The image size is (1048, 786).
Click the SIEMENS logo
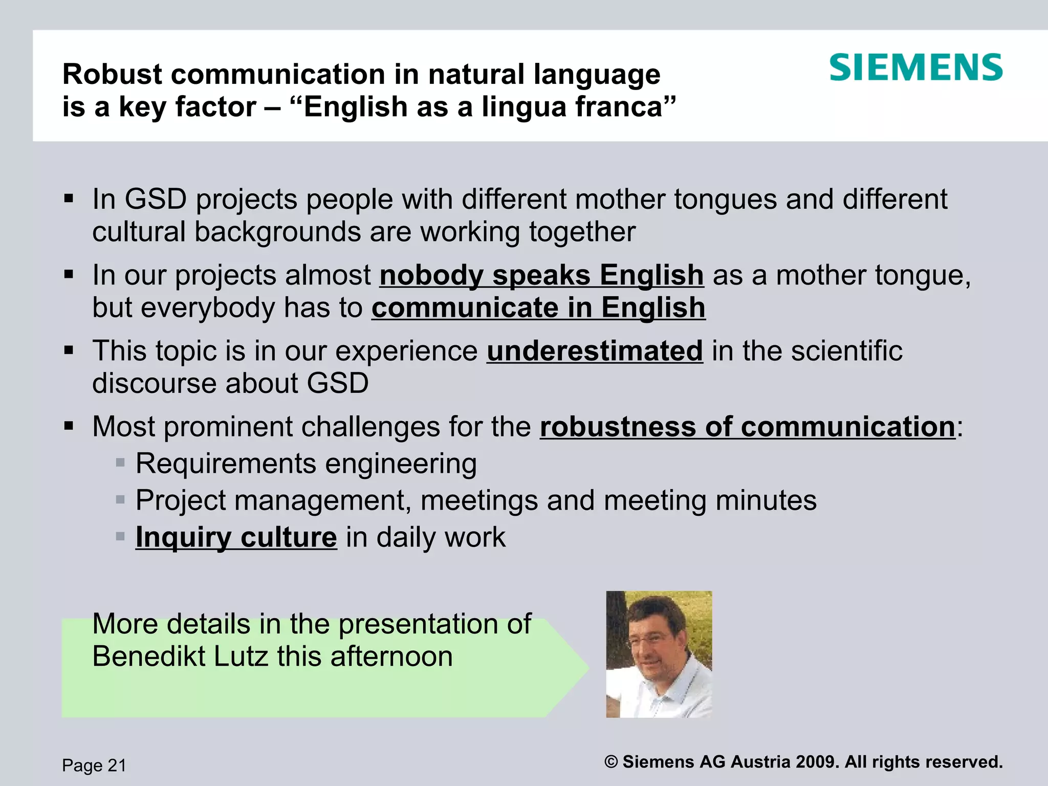(x=915, y=68)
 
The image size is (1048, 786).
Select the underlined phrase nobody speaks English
(x=541, y=275)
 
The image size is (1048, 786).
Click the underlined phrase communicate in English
(x=538, y=308)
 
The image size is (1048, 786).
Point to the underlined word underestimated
(x=595, y=351)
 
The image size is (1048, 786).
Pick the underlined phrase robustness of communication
(x=747, y=427)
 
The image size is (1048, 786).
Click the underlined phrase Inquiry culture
(x=236, y=537)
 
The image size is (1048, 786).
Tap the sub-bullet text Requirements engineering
(x=306, y=464)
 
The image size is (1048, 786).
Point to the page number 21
(x=117, y=766)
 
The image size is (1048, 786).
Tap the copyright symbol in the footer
(x=611, y=762)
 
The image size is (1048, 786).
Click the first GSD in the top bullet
(x=156, y=199)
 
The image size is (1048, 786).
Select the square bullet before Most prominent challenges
(x=69, y=426)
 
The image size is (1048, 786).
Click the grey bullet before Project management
(x=120, y=500)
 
